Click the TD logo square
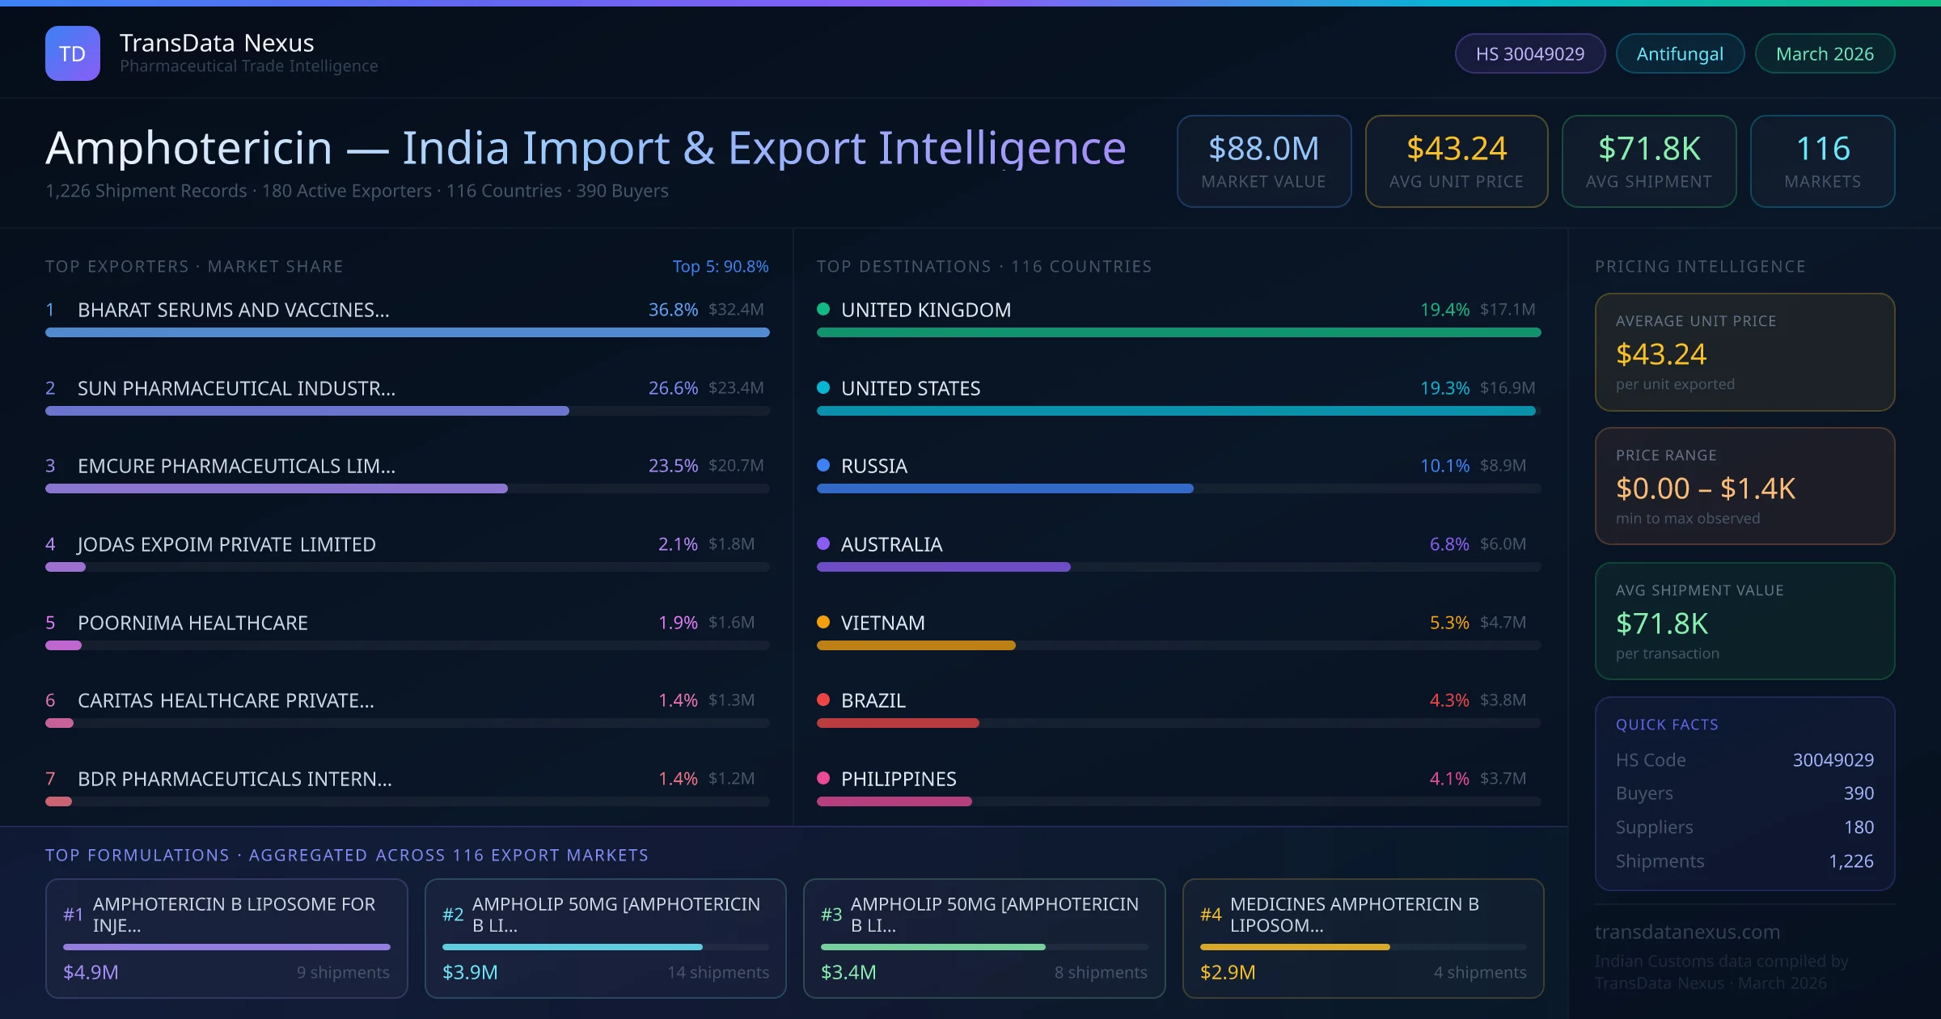[73, 53]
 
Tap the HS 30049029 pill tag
[1529, 53]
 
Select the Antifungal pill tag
[1680, 53]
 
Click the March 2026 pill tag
[1825, 53]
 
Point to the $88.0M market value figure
[1263, 149]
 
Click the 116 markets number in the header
[1822, 149]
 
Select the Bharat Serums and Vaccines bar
[407, 332]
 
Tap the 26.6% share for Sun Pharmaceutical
[673, 388]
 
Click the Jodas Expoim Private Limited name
[226, 544]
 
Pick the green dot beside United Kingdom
[823, 309]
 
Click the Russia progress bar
[1004, 488]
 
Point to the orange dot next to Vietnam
[823, 622]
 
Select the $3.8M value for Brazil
[1503, 700]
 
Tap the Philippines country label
[899, 779]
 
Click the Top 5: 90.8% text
[720, 266]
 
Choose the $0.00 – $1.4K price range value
[1705, 488]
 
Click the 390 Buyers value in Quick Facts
[1858, 793]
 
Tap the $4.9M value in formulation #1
[91, 972]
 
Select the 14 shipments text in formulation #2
[717, 972]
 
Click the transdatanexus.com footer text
[1687, 932]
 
